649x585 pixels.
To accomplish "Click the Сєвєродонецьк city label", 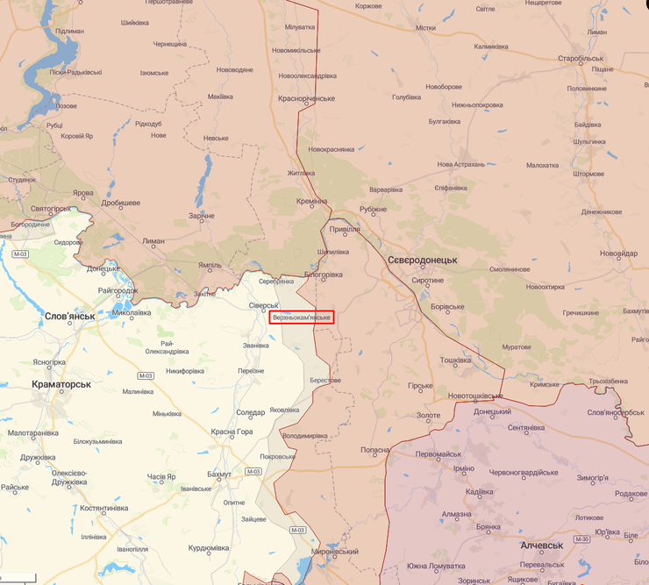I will tap(422, 260).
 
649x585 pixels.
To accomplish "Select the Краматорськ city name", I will tap(61, 384).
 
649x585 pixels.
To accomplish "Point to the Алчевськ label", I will tap(541, 545).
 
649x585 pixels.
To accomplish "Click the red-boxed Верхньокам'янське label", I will tap(302, 317).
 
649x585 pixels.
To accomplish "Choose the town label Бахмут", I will tap(219, 474).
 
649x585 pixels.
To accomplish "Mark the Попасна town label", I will tap(374, 450).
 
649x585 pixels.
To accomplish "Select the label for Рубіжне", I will tap(373, 209).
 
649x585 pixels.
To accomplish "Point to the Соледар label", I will tap(250, 412).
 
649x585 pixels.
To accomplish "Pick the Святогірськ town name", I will tap(38, 209).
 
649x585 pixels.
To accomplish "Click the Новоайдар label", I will tap(619, 253).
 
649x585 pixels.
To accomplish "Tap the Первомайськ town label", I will tap(439, 453).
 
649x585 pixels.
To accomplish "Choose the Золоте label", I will tap(428, 415).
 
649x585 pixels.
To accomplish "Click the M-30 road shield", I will tap(582, 539).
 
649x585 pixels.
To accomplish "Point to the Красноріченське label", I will tap(307, 98).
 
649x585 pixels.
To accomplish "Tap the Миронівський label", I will tap(334, 551).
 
